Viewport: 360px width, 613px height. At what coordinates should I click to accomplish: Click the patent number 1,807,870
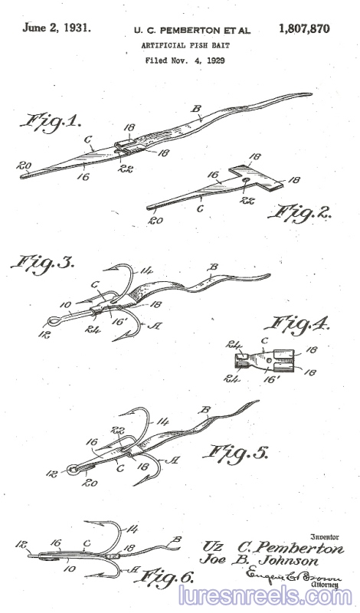pyautogui.click(x=304, y=29)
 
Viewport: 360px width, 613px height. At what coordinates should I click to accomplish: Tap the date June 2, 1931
pyautogui.click(x=57, y=28)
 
